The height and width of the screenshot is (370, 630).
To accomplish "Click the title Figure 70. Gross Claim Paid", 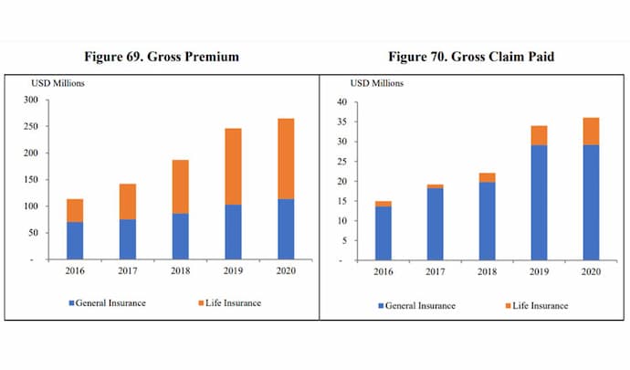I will (x=470, y=57).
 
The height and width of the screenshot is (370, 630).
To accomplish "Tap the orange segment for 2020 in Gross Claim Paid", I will (x=591, y=131).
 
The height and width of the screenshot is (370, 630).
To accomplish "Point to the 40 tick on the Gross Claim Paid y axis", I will (x=341, y=102).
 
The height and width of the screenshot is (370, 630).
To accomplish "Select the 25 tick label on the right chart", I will (x=341, y=162).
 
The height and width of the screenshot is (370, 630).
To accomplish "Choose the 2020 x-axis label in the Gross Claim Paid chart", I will (x=591, y=271).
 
